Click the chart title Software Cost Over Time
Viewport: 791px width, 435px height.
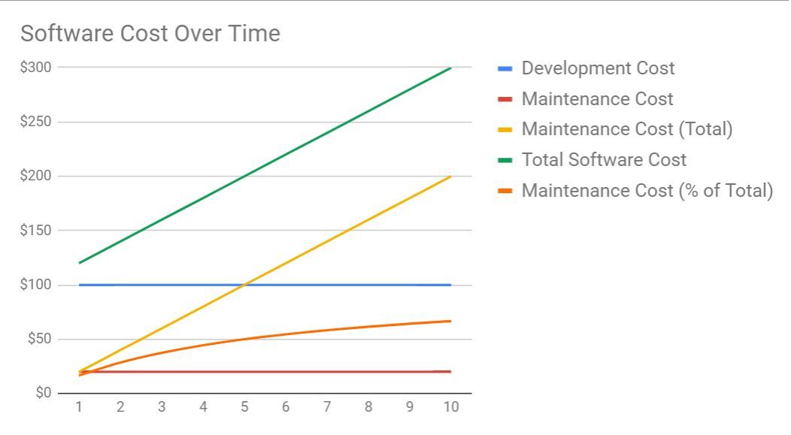(x=150, y=34)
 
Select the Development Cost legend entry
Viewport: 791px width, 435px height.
(x=598, y=68)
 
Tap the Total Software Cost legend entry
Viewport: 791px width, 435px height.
(x=604, y=160)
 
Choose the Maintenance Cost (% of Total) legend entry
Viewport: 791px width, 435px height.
(x=647, y=191)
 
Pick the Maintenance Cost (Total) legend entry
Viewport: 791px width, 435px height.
(x=626, y=129)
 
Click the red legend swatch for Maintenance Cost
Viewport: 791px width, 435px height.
(x=505, y=99)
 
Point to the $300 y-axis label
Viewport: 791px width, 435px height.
(x=35, y=67)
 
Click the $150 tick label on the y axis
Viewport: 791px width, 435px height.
(x=35, y=230)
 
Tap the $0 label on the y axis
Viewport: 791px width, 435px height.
(x=43, y=393)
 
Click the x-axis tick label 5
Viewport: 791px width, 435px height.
(x=244, y=407)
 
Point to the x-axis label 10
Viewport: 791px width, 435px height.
(x=450, y=407)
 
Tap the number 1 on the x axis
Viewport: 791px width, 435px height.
(x=79, y=407)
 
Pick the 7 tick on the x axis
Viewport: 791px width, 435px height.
(x=327, y=407)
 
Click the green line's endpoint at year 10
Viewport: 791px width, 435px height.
(x=450, y=68)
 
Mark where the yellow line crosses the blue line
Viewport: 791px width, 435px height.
(x=244, y=285)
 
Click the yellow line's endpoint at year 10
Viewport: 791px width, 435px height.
(x=450, y=177)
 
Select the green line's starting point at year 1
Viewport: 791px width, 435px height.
(x=80, y=263)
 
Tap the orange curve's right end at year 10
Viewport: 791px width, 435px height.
(x=450, y=321)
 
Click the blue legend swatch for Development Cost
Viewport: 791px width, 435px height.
(x=505, y=68)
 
